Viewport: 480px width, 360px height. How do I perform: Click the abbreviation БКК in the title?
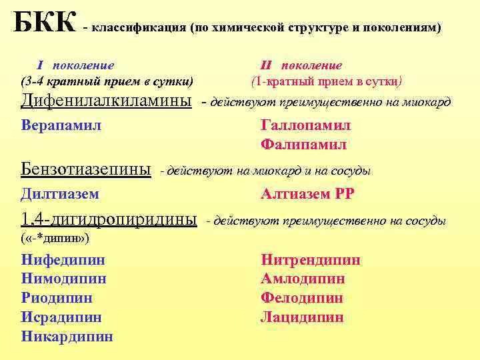(44, 22)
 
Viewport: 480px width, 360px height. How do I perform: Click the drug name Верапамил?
(61, 125)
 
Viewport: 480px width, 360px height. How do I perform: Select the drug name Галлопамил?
(305, 126)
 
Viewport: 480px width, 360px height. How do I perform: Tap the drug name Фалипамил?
(304, 145)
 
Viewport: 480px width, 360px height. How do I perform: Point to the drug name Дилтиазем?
(60, 194)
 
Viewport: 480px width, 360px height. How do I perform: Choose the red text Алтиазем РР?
(307, 194)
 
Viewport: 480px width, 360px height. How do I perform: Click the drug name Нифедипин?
(63, 260)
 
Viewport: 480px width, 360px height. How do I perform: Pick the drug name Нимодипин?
(64, 279)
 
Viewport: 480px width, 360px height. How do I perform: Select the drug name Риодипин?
(57, 298)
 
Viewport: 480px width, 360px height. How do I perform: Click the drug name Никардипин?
(67, 337)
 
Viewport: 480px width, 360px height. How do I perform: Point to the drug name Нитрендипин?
(311, 260)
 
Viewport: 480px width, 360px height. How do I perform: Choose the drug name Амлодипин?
(303, 279)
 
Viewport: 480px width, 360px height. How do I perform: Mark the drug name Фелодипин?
(302, 298)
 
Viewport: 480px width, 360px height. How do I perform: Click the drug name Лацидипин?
(302, 317)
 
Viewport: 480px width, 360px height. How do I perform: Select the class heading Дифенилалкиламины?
(107, 101)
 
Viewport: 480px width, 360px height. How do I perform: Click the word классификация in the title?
(139, 29)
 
